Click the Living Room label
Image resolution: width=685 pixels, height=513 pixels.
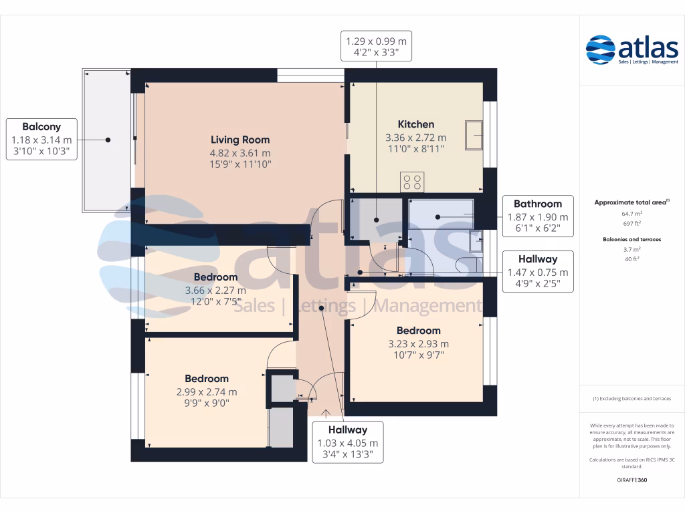coord(240,140)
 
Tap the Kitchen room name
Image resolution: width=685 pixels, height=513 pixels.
coord(415,124)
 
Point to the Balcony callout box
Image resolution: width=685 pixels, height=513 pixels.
coord(41,139)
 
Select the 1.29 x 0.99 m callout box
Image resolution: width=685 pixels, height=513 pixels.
coord(375,45)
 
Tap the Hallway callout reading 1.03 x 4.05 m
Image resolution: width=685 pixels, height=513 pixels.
coord(347,442)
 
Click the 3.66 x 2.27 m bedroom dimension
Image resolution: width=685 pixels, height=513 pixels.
coord(215,291)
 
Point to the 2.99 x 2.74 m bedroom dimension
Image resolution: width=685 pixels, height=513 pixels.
coord(207,392)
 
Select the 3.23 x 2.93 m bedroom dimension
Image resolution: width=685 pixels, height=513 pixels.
coord(418,344)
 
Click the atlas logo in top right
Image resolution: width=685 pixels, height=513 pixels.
coord(631,49)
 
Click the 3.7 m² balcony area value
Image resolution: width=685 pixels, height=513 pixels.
coord(631,249)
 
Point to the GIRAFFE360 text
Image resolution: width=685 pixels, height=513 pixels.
coord(631,480)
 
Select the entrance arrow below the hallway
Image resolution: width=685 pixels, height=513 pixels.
coord(326,412)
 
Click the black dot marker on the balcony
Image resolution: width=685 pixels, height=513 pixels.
coord(107,140)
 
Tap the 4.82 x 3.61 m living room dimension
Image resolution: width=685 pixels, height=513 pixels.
coord(240,152)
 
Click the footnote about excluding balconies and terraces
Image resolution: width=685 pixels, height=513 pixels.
coord(631,399)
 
